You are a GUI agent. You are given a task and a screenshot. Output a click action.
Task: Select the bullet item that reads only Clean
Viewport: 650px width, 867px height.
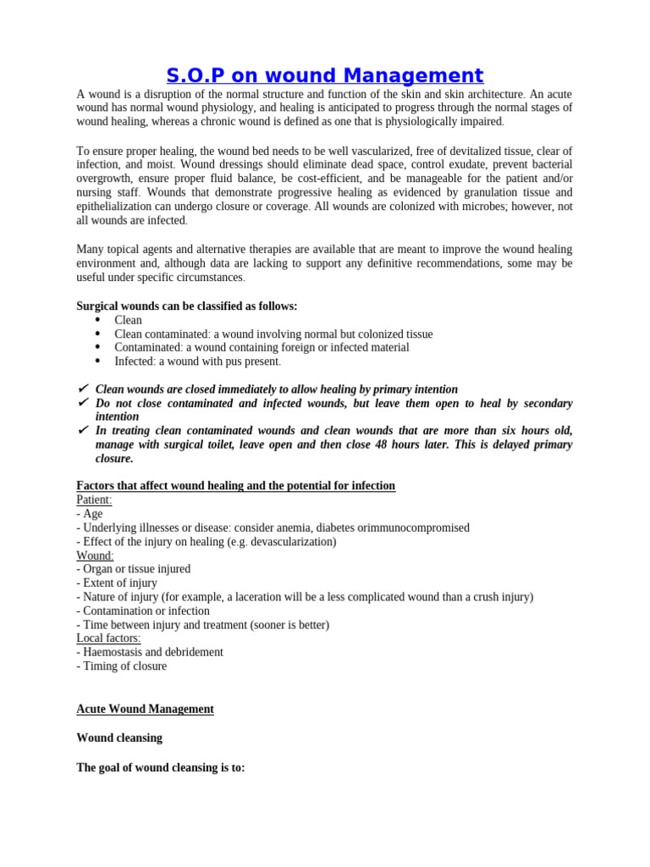(128, 320)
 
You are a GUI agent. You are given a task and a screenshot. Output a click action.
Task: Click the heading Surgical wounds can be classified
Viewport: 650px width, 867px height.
(187, 306)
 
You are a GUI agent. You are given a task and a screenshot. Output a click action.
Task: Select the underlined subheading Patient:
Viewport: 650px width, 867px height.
(94, 500)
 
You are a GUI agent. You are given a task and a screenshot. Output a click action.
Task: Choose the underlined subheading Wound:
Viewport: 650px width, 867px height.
(95, 555)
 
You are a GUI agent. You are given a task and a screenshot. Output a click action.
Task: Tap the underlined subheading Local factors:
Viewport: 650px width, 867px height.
(109, 638)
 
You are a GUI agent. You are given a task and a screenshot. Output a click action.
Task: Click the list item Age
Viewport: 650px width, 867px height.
(92, 514)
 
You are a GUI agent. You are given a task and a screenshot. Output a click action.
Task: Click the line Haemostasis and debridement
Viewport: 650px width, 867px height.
(150, 652)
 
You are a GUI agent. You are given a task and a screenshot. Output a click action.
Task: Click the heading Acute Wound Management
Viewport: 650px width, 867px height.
(145, 709)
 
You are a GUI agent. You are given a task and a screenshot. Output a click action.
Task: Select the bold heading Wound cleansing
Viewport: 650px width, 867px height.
(119, 737)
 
